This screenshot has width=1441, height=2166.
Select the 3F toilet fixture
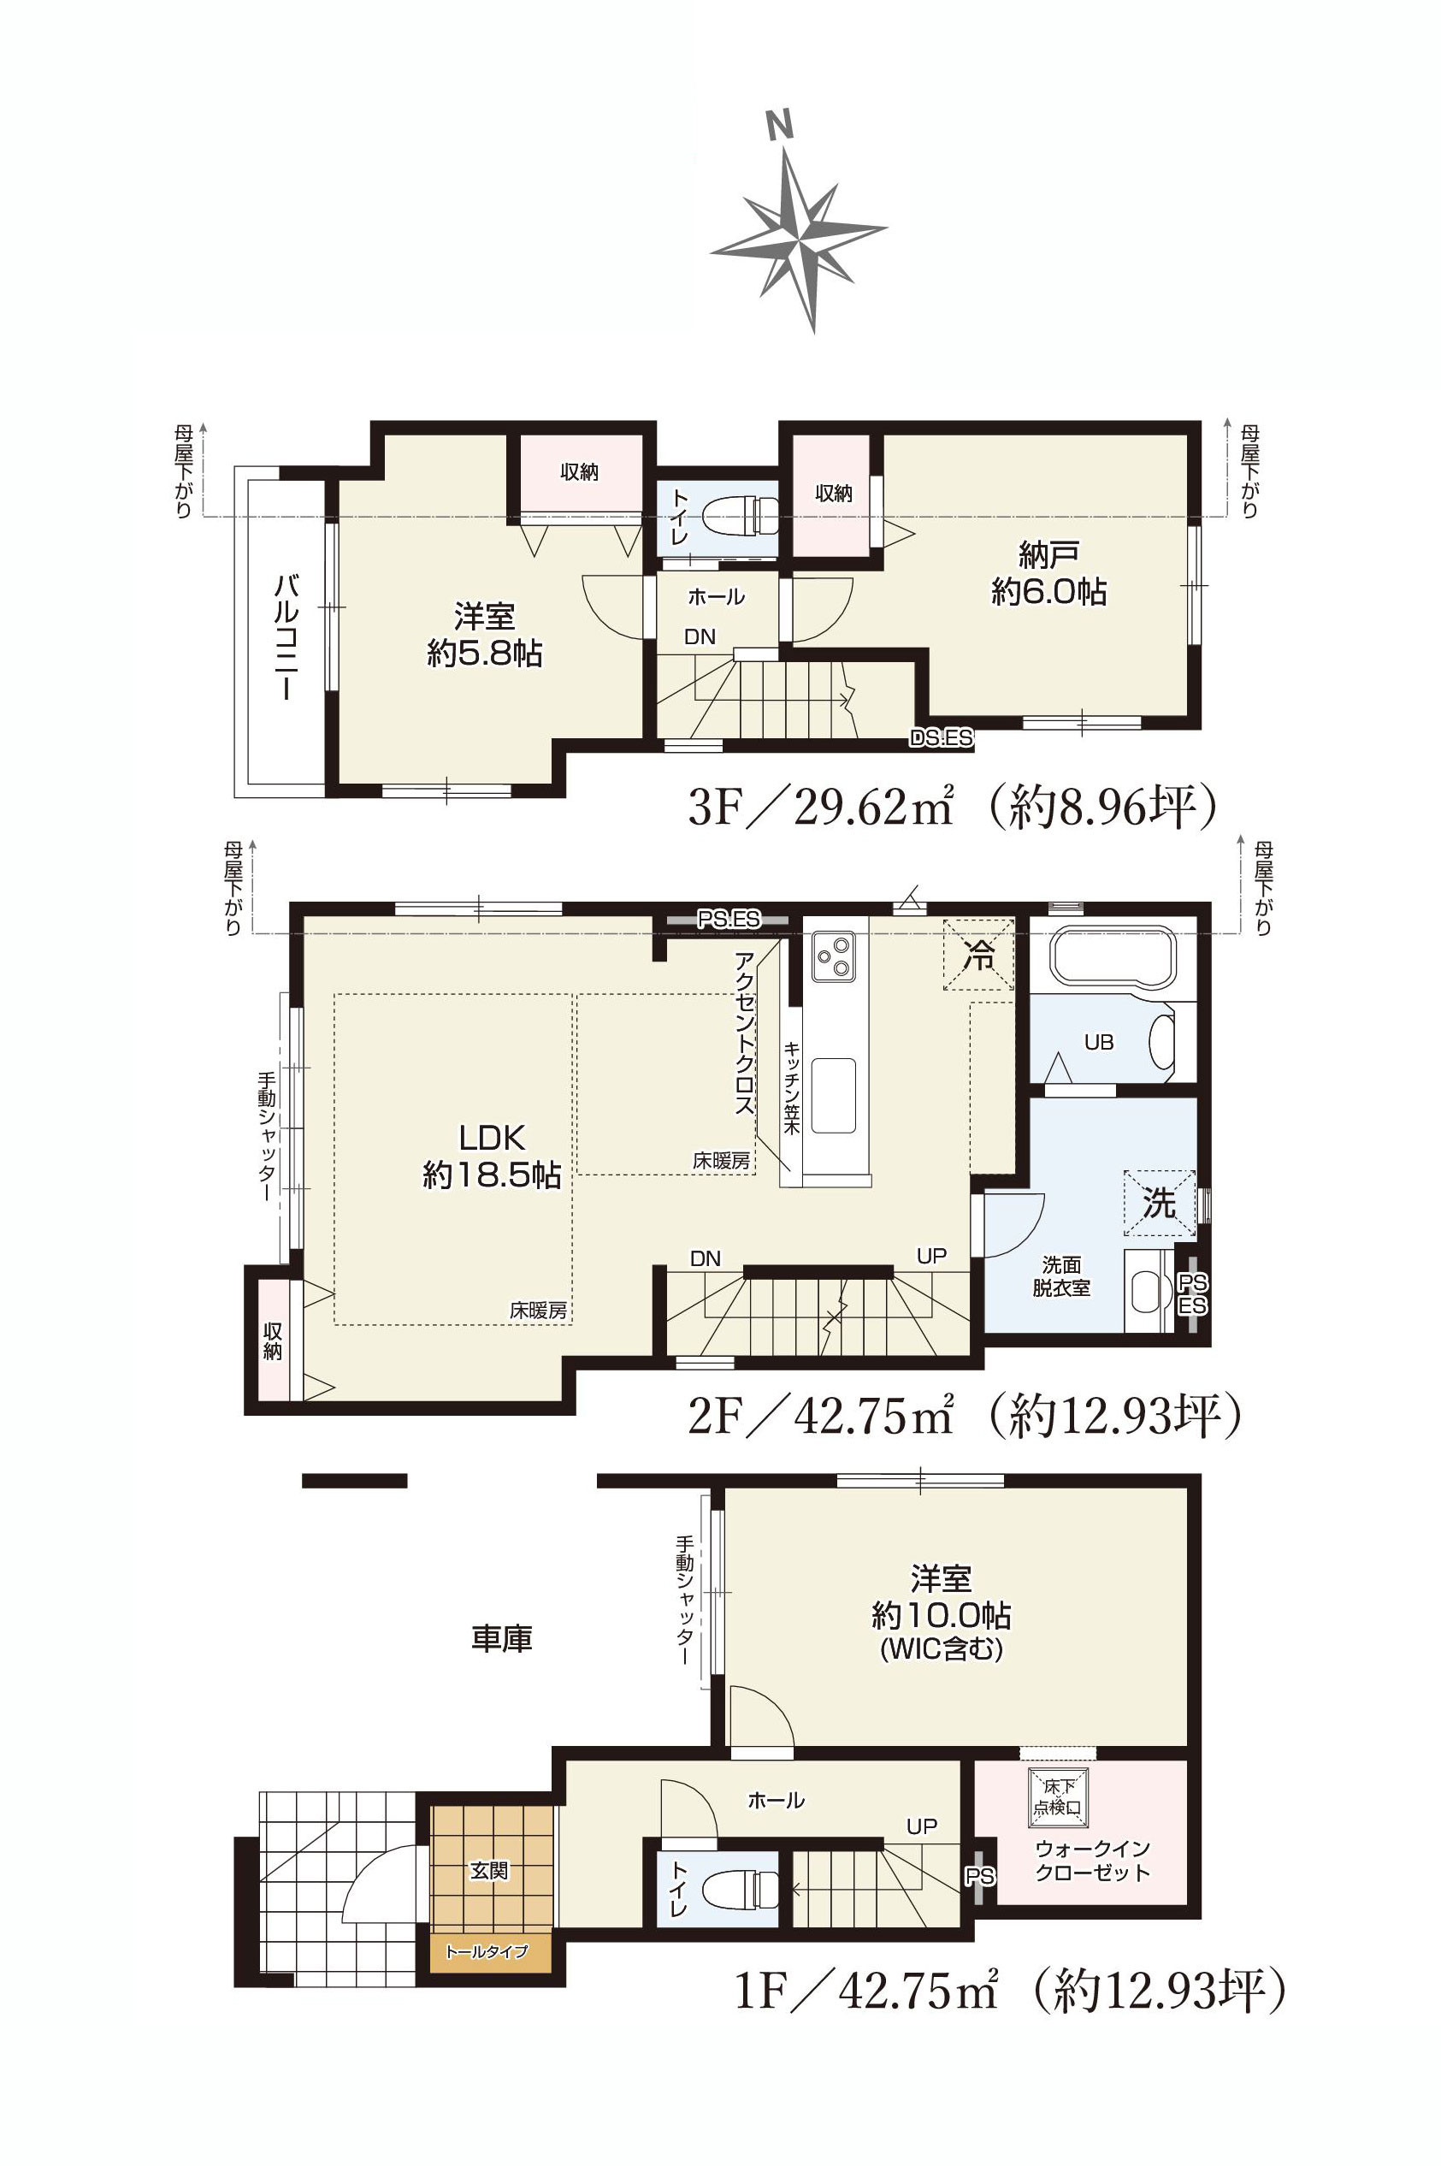tap(741, 516)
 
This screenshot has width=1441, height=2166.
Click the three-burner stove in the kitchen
tap(834, 956)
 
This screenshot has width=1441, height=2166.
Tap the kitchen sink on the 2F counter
tap(834, 1096)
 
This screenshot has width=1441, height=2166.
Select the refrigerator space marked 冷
tap(978, 955)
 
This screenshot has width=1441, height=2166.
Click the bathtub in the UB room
tap(1113, 960)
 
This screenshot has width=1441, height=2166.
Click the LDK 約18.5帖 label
tap(492, 1157)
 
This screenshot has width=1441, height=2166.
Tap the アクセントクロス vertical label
tap(743, 1033)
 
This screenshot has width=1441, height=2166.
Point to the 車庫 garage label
tap(502, 1638)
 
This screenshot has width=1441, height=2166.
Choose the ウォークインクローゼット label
tap(1093, 1861)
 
